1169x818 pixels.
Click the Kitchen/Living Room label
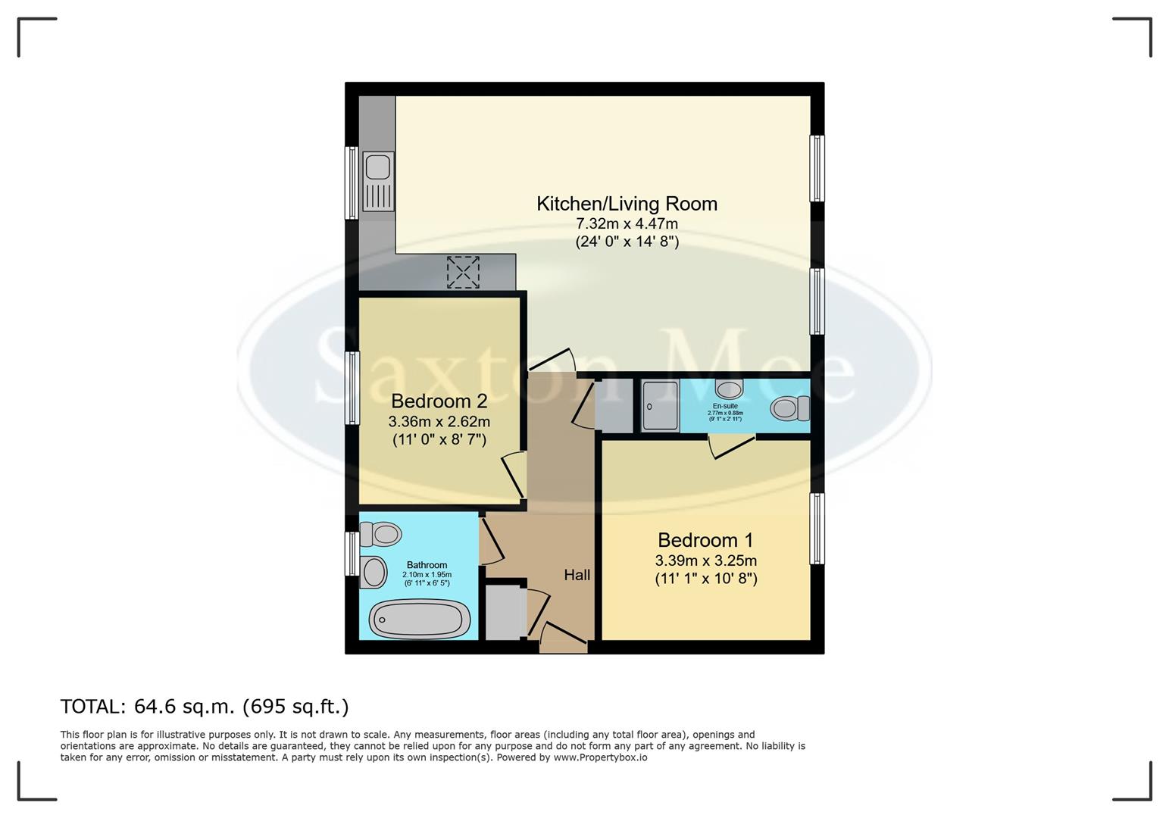[x=627, y=204]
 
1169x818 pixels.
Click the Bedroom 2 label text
[x=439, y=401]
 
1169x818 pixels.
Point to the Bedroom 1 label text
[x=705, y=540]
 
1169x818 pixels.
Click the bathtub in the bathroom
[x=418, y=620]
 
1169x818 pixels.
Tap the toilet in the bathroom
[x=381, y=534]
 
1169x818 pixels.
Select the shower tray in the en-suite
[x=660, y=406]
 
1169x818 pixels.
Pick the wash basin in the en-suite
[x=730, y=390]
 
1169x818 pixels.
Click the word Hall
[x=577, y=576]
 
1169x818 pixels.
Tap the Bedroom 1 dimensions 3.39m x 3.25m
[x=705, y=561]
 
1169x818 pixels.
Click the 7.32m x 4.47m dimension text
[x=627, y=224]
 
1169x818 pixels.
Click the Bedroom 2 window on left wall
[x=352, y=388]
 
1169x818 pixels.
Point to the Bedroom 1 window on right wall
[x=817, y=529]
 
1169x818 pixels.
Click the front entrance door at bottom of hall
[x=564, y=645]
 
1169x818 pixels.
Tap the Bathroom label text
[x=427, y=565]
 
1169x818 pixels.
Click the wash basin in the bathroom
[x=374, y=572]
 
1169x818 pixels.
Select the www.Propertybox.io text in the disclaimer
[x=600, y=757]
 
